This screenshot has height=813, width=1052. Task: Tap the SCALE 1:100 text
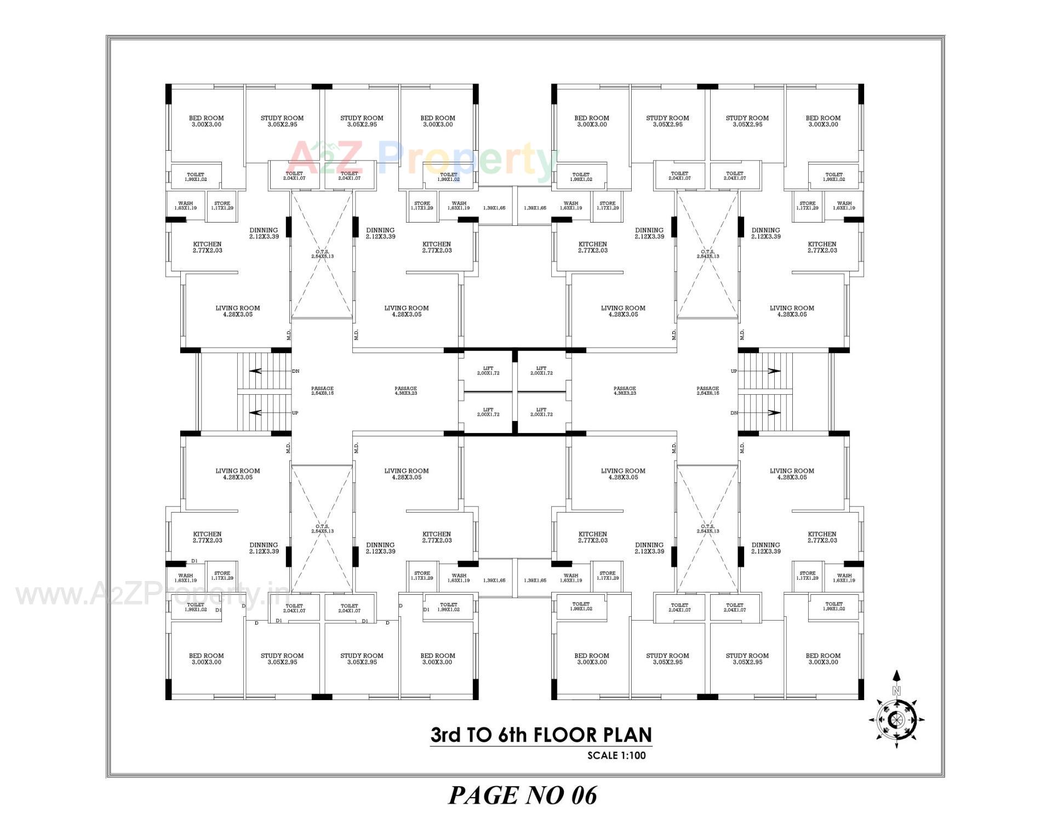(x=616, y=755)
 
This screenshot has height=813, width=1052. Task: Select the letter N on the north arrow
(x=896, y=691)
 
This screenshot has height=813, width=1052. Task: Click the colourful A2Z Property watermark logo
(x=421, y=159)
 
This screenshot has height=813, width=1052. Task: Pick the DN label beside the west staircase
(x=296, y=371)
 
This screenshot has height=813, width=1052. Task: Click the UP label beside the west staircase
(x=295, y=413)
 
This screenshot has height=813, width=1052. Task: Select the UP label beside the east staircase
(x=734, y=371)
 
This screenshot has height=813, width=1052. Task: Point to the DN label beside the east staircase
(x=734, y=413)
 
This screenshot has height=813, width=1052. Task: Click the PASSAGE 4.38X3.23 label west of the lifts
(x=405, y=391)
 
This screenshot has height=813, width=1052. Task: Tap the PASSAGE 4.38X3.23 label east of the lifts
(x=625, y=391)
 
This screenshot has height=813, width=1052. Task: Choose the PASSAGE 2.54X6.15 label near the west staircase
(x=322, y=391)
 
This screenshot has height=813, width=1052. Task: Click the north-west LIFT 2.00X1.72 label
(x=488, y=371)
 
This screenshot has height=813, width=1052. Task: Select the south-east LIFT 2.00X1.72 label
(x=541, y=412)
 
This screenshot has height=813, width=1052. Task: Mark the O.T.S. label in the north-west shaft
(x=323, y=254)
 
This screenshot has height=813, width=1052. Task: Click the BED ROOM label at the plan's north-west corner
(x=207, y=121)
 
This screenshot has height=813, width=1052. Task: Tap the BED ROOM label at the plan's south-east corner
(x=823, y=659)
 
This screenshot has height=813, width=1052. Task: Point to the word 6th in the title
(x=515, y=735)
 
